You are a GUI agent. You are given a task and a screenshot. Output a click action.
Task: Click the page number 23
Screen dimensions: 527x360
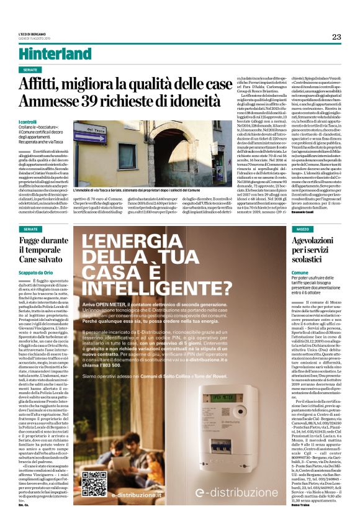pyautogui.click(x=336, y=37)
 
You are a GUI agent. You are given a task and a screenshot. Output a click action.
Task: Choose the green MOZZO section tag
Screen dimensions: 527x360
pyautogui.click(x=298, y=229)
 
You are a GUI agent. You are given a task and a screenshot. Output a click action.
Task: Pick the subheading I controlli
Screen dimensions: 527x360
pyautogui.click(x=29, y=123)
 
